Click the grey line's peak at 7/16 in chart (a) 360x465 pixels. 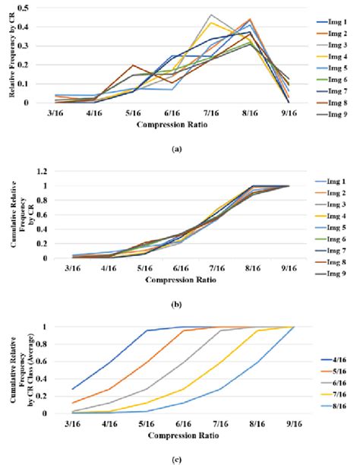tap(210, 14)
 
